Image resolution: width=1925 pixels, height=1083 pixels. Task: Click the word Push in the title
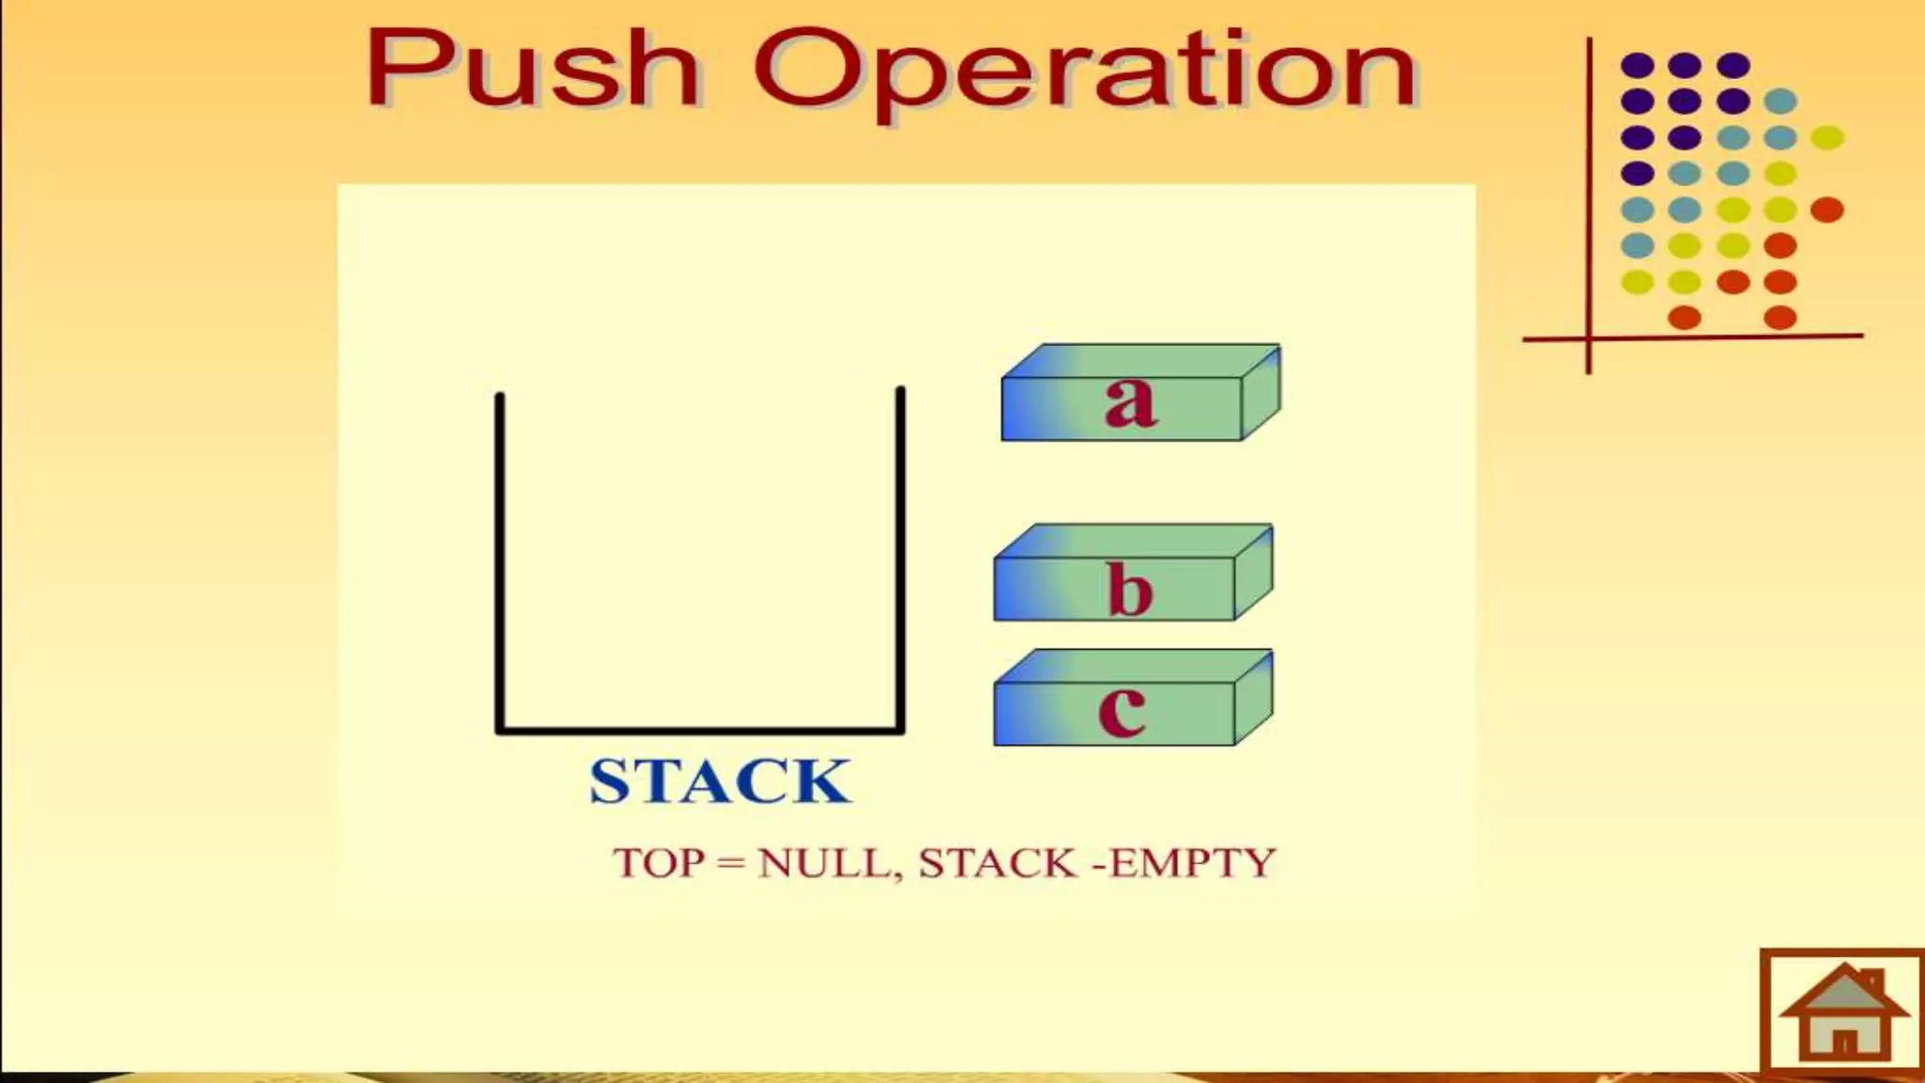(532, 68)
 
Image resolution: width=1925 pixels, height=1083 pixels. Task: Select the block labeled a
(1139, 395)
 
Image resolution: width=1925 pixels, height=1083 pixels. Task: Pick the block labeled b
(1132, 575)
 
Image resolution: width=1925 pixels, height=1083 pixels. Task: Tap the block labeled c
(1132, 700)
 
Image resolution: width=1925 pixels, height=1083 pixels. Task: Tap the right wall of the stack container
(900, 558)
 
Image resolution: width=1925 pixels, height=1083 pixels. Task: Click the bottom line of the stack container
(700, 729)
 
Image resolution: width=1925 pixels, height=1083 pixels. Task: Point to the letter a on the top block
(1130, 402)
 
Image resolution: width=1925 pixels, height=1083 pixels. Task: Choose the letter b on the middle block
(1130, 589)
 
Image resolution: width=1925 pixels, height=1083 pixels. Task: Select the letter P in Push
(406, 68)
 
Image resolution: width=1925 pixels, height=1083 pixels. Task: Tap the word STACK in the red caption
(997, 863)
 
